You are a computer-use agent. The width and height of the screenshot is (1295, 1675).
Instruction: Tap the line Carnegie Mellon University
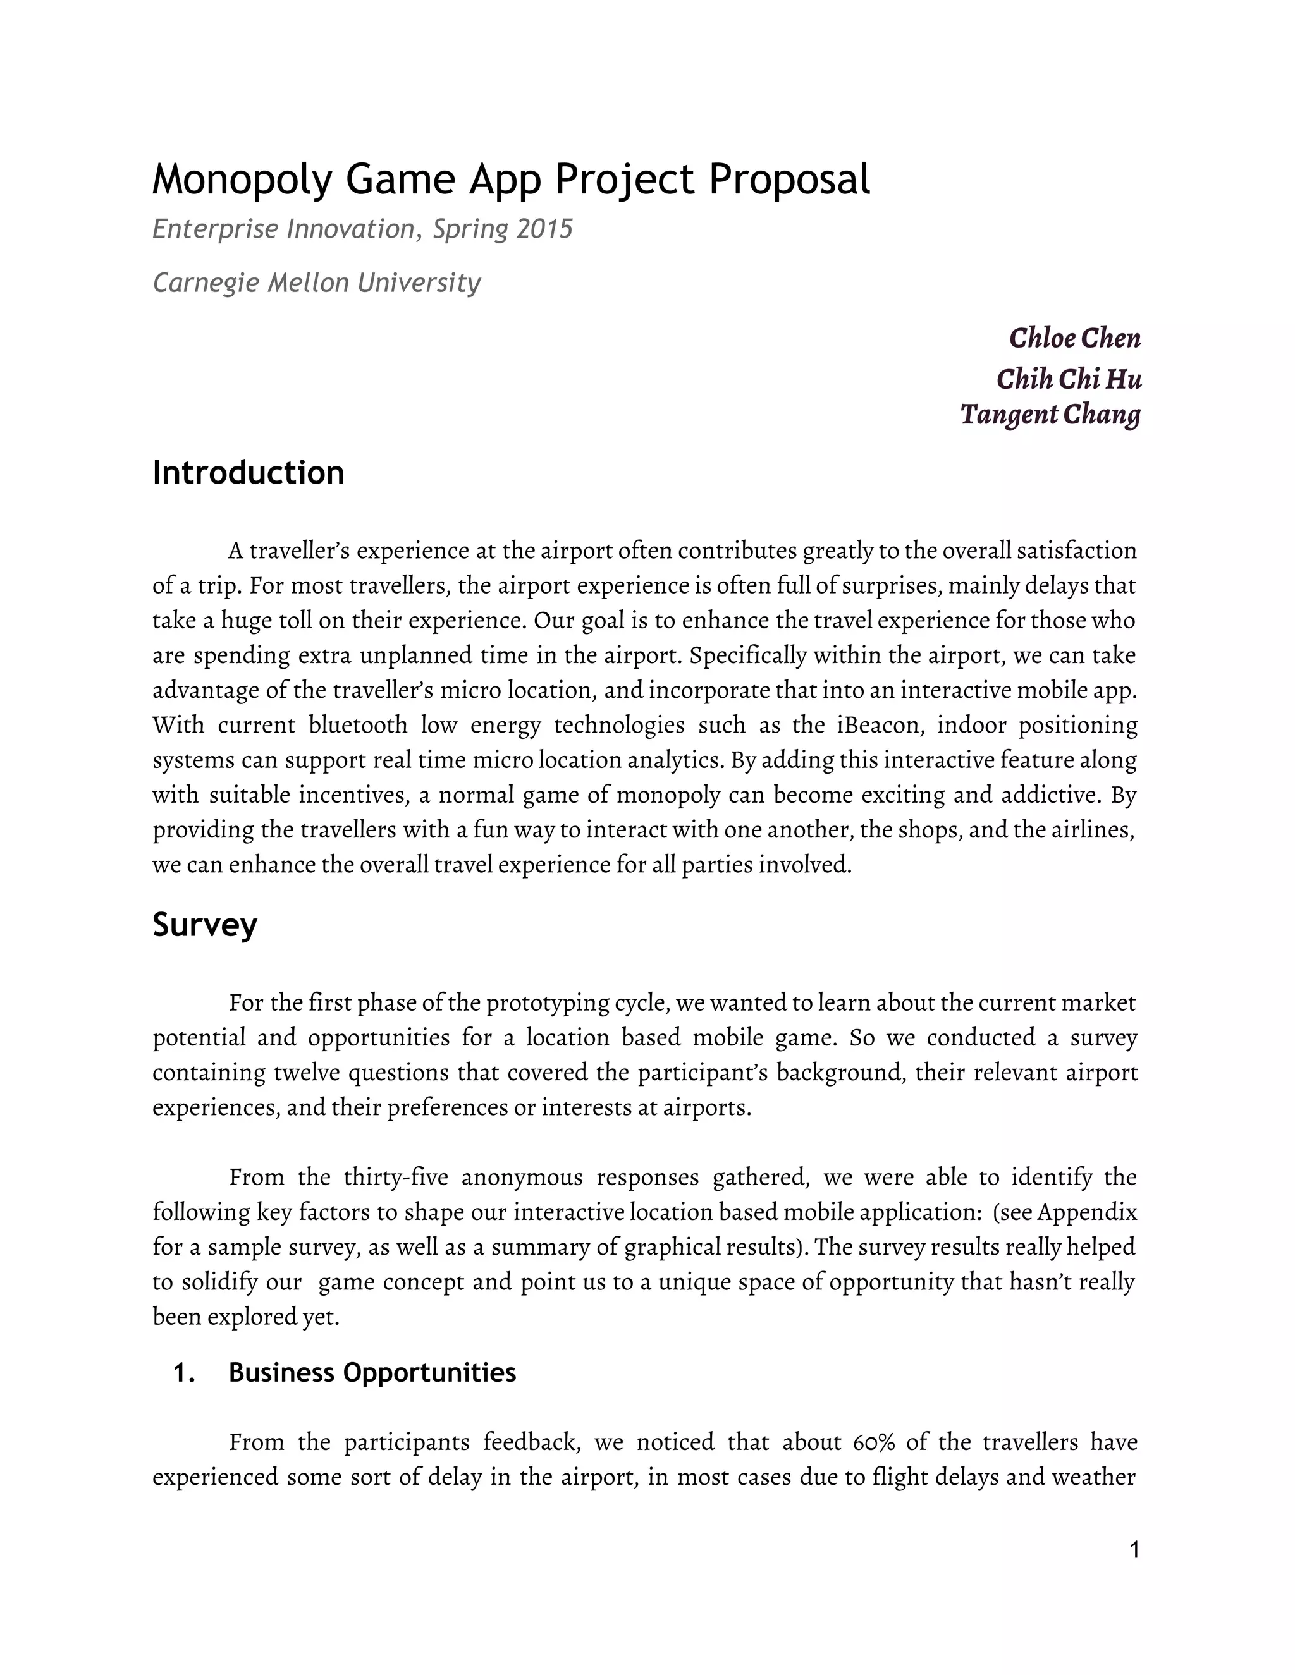[x=316, y=283]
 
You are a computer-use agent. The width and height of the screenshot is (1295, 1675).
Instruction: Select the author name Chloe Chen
[x=1074, y=338]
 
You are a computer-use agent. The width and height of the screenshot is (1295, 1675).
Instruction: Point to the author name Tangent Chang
[x=1050, y=414]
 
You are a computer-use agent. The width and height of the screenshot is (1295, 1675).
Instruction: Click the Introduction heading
[x=248, y=472]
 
